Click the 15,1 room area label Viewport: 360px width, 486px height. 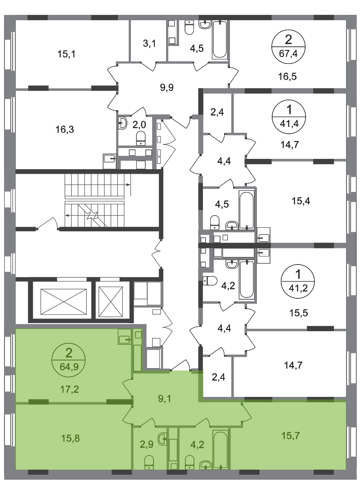coord(66,54)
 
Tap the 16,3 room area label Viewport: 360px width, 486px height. coord(65,129)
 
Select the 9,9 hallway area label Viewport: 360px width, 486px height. coord(166,87)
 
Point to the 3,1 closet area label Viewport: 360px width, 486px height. coord(149,44)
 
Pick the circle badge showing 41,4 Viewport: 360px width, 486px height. coord(289,117)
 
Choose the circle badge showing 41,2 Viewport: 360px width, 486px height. coord(297,281)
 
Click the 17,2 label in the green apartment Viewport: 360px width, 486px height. coord(69,389)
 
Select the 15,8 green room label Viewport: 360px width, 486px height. coord(70,438)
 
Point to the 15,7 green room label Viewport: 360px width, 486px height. coord(291,436)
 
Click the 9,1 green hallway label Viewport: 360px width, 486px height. coord(165,399)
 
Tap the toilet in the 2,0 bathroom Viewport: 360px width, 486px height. coord(141,138)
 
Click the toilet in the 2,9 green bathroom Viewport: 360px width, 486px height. coord(149,462)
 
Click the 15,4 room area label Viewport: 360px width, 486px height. coord(301,201)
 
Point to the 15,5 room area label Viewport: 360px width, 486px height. coord(299,313)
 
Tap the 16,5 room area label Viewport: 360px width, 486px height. coord(288,76)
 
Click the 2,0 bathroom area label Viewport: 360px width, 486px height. coord(139,125)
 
